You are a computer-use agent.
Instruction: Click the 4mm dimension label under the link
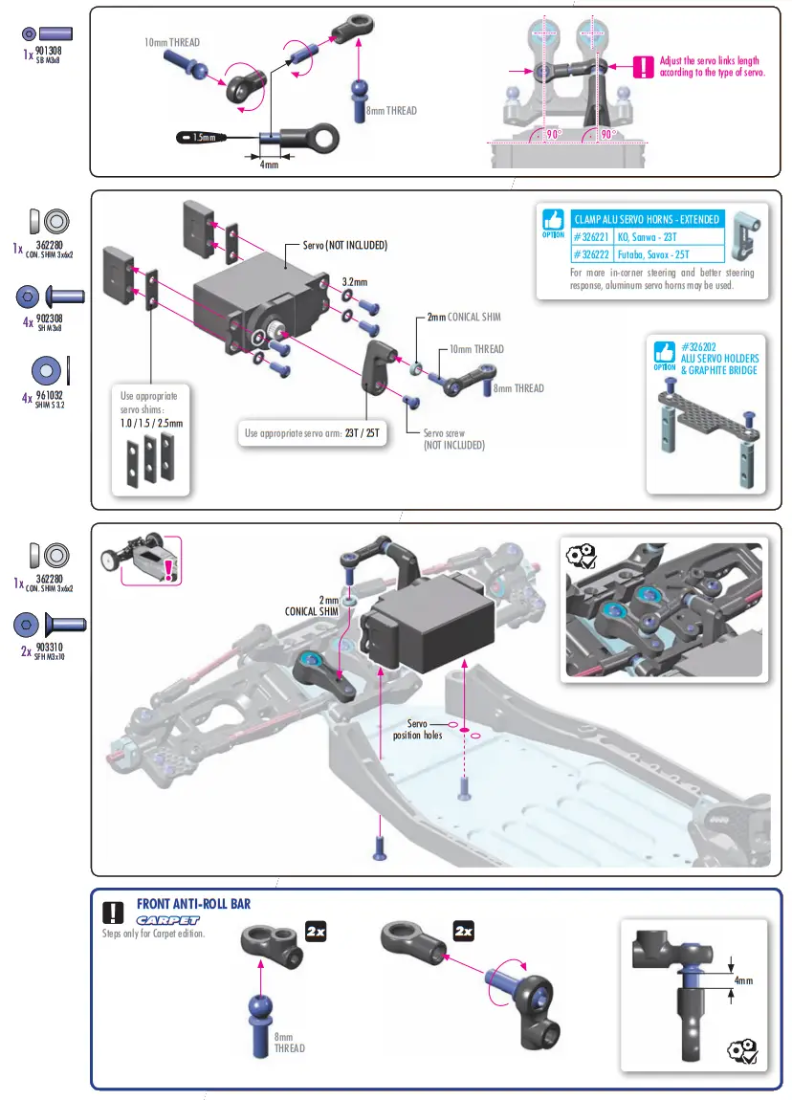point(270,165)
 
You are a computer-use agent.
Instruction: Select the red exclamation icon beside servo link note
point(646,67)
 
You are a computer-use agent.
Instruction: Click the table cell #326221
point(592,237)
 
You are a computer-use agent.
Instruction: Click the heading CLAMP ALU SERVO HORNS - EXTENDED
point(646,219)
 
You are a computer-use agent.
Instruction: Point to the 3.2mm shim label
point(355,283)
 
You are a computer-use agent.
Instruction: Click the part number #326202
point(700,346)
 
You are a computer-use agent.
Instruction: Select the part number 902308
point(49,318)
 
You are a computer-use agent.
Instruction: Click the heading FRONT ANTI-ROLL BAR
point(194,903)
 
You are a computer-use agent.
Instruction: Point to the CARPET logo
point(167,919)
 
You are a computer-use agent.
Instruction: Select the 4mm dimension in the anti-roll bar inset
point(744,980)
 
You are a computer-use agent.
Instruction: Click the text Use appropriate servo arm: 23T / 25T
point(313,433)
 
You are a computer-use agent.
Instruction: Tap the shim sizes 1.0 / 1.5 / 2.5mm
point(151,423)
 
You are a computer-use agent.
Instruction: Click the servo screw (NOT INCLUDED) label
point(454,439)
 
